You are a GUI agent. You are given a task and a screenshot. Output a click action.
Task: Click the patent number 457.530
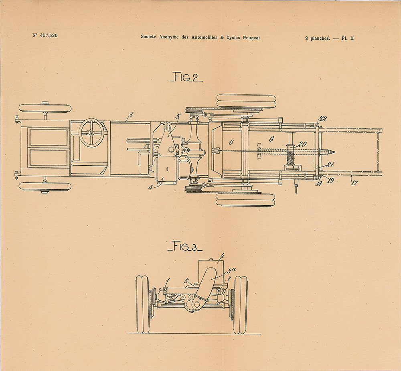tap(49, 35)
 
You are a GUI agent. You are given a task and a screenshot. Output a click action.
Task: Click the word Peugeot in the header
tap(251, 38)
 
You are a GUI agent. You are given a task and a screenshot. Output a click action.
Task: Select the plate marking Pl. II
tap(348, 39)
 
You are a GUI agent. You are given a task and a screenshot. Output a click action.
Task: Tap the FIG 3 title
tap(185, 246)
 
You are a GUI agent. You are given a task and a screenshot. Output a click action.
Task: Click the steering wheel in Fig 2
tap(91, 132)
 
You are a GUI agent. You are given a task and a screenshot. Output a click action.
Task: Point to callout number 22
tap(323, 119)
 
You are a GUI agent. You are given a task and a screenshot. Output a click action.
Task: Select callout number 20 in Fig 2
tap(302, 144)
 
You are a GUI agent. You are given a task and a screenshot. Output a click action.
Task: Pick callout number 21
tap(331, 164)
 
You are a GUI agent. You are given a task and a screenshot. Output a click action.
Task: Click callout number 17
tap(354, 182)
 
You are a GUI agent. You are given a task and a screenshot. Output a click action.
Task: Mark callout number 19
tap(330, 180)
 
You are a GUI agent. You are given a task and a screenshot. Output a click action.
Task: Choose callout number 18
tap(319, 183)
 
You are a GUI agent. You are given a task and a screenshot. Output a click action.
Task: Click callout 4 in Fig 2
tap(150, 188)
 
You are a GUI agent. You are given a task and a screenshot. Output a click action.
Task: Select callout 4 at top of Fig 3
tap(222, 255)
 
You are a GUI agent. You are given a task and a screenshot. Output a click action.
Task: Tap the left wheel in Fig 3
tap(143, 304)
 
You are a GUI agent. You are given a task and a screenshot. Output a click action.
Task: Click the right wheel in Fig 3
tap(240, 304)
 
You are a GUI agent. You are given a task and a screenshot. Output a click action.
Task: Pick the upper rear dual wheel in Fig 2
tap(246, 101)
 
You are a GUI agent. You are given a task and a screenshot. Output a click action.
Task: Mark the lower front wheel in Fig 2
tap(45, 187)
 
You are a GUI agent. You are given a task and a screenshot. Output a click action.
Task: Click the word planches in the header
tap(320, 39)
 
